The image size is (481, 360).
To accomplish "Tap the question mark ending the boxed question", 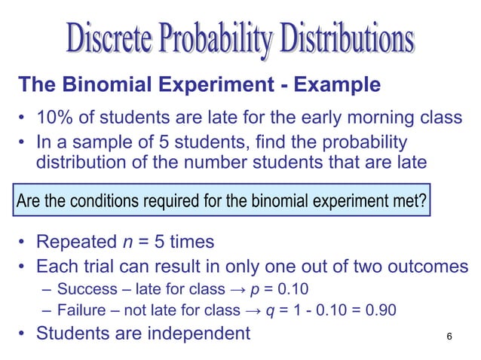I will [421, 202].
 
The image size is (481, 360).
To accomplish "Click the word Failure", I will [80, 309].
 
